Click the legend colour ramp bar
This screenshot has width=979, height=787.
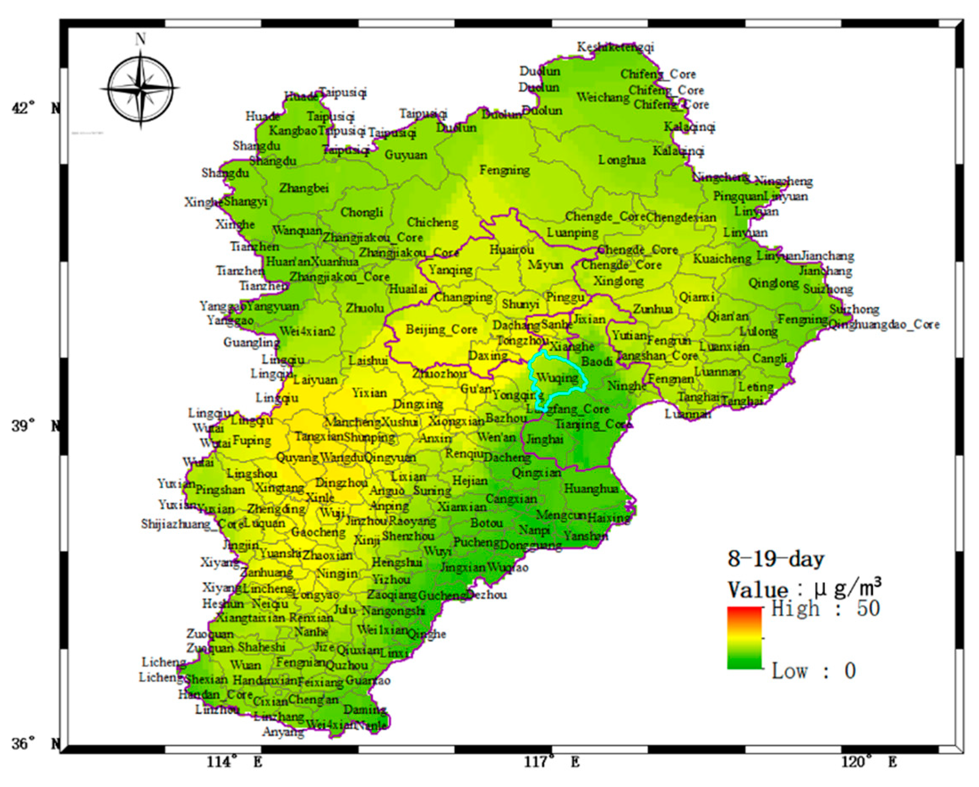click(744, 638)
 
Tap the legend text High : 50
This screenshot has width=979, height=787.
click(825, 609)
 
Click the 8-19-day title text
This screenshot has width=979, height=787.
click(776, 559)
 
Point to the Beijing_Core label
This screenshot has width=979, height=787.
click(442, 329)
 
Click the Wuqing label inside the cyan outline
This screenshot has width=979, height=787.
click(557, 377)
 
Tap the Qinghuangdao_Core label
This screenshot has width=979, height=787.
click(884, 324)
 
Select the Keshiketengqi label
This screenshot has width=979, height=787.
click(615, 47)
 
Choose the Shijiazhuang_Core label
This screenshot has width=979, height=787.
click(193, 524)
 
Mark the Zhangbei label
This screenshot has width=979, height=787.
click(304, 188)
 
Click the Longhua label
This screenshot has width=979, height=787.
click(622, 160)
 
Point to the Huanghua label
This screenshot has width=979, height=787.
click(591, 488)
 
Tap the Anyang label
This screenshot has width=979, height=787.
click(283, 732)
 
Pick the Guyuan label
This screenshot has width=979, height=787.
click(406, 155)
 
